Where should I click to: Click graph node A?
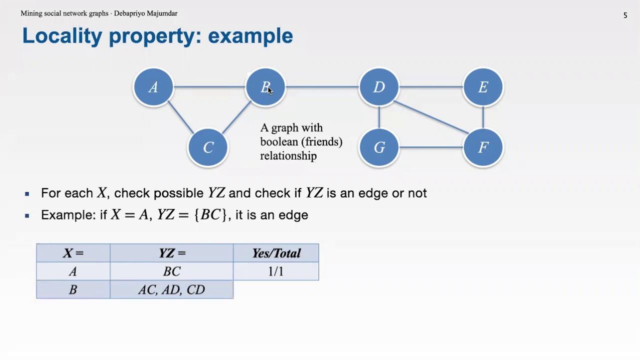coord(153,87)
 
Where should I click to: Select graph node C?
coord(208,147)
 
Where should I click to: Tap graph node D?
coord(379,87)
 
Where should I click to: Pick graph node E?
coord(483,87)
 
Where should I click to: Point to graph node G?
coord(379,147)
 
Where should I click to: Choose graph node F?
coord(483,147)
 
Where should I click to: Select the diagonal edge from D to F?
coord(431,117)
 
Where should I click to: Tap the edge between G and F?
coord(431,147)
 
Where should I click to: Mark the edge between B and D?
coord(322,87)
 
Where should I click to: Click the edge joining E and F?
coord(483,117)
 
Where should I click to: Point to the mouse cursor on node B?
coord(270,90)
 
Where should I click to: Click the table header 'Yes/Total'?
coord(276,253)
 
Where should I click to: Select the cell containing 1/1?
coord(276,271)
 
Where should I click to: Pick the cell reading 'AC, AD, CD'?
coord(171,290)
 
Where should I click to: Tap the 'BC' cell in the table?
coord(171,271)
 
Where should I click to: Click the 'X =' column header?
coord(73,253)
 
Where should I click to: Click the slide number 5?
coord(625,15)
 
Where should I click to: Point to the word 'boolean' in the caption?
coord(279,142)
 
